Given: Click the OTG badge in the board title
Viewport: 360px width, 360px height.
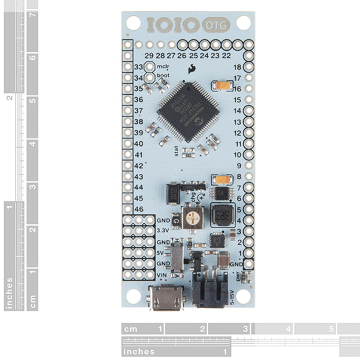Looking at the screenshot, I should click(x=219, y=24).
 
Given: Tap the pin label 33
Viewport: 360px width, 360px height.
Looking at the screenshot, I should click(x=138, y=67).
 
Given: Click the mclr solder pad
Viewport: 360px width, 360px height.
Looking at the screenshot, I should click(x=150, y=67).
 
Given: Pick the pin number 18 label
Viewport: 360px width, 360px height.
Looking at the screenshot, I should click(x=237, y=67).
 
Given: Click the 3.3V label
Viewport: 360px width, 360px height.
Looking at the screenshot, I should click(x=163, y=230).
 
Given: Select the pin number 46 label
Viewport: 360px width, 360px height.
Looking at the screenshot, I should click(x=138, y=209).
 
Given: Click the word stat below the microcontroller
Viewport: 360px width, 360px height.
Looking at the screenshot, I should click(x=179, y=150).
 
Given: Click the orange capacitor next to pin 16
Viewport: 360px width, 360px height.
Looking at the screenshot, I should click(x=223, y=85).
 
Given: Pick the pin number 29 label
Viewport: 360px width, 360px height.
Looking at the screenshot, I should click(x=149, y=56).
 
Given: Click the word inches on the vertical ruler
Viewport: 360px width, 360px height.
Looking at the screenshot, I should click(x=9, y=294).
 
